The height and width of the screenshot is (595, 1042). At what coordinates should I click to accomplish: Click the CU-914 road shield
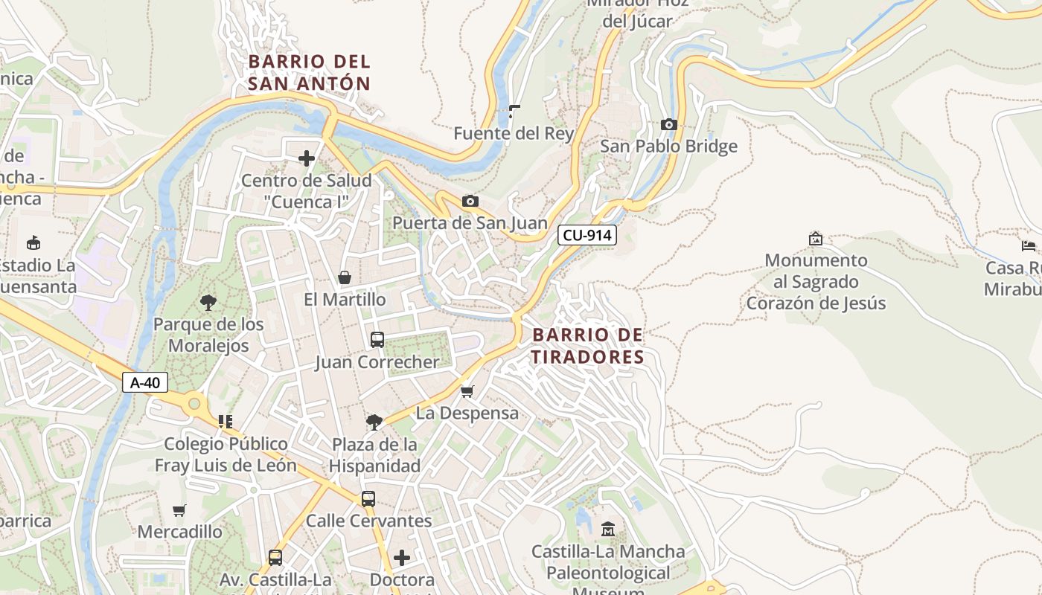click(587, 235)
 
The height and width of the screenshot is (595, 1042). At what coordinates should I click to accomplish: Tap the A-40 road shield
click(145, 382)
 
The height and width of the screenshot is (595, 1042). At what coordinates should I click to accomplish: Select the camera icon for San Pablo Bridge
click(668, 125)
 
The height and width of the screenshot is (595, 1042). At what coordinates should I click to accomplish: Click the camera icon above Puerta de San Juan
click(470, 201)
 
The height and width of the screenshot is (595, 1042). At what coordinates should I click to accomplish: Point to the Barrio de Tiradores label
click(588, 346)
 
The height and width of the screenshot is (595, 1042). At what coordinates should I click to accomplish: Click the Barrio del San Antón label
click(309, 72)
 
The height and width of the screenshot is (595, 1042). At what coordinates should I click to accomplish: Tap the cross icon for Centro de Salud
click(307, 158)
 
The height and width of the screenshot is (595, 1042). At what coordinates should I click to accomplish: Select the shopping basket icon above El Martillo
click(345, 278)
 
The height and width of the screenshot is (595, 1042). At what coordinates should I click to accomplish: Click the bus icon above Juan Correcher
click(377, 340)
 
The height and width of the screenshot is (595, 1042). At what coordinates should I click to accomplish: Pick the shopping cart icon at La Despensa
click(467, 391)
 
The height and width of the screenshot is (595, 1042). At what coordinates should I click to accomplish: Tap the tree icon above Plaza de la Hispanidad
click(374, 422)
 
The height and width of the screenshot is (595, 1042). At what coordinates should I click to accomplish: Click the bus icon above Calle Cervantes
click(368, 499)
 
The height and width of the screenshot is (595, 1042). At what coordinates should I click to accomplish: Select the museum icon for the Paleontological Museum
click(608, 530)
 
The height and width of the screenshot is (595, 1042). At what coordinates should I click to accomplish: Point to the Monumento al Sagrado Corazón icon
click(816, 239)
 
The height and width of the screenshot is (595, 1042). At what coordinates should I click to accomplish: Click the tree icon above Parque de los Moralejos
click(208, 302)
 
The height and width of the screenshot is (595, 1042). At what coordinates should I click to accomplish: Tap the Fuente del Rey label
click(514, 134)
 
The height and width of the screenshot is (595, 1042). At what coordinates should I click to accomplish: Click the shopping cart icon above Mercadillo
click(179, 510)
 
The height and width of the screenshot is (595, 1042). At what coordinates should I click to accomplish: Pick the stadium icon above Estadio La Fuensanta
click(33, 242)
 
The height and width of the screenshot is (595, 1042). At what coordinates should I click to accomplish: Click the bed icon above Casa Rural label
click(1029, 245)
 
